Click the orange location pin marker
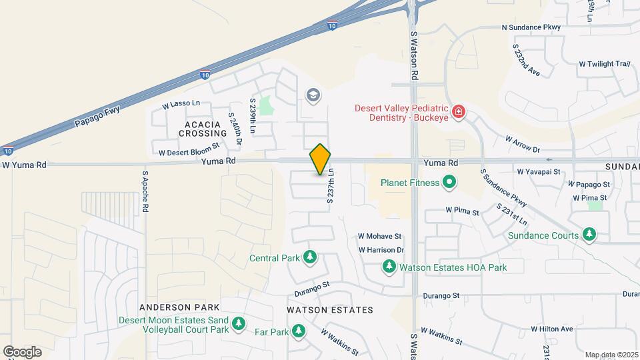pos(321,159)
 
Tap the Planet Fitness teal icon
pos(449,182)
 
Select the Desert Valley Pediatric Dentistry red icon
pos(458,111)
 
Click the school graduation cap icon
pos(313,96)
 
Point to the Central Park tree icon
pos(309,257)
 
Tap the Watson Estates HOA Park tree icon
pos(389,267)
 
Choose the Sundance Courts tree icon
pos(589,235)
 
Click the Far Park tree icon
pos(299,331)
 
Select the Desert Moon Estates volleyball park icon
pos(239,325)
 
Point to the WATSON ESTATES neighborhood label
pos(329,310)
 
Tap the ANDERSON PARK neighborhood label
pos(179,307)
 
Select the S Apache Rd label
pos(145,192)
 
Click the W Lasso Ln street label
pos(181,105)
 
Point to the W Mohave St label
pos(379,236)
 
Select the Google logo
pos(22,352)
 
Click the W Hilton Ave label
pos(552,329)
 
